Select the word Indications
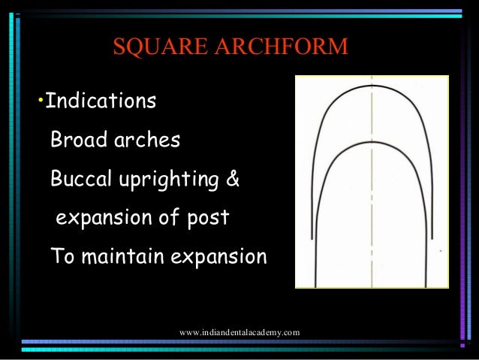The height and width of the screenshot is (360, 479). coord(101,101)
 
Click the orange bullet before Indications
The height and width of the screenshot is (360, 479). coord(41,101)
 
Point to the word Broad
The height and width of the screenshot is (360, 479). coord(75,140)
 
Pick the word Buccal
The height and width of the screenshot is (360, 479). coord(80,180)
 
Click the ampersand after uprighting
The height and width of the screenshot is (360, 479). coord(233,180)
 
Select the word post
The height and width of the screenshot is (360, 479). coord(208,219)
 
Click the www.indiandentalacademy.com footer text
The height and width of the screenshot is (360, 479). coord(239,331)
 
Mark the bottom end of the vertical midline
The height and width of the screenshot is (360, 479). coord(372,285)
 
